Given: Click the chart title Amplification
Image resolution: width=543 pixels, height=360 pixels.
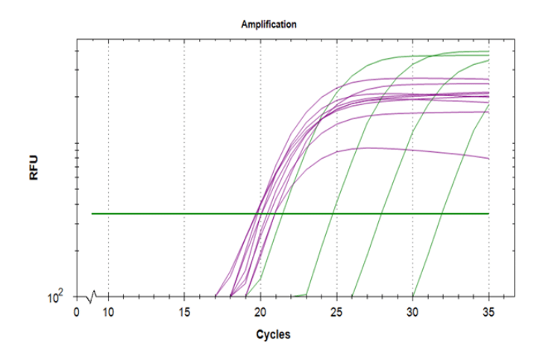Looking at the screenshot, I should click(269, 25).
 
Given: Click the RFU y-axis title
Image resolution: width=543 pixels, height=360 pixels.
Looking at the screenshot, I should click(34, 168).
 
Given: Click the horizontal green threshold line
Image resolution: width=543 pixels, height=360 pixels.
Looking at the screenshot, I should click(186, 214).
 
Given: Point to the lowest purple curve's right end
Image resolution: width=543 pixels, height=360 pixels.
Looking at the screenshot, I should click(489, 159).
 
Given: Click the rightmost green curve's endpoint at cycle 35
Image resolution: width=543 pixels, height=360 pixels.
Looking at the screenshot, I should click(489, 106).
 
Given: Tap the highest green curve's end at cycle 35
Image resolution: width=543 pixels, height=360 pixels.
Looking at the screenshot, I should click(489, 52).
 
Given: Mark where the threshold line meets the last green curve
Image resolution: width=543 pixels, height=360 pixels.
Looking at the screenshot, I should click(442, 214).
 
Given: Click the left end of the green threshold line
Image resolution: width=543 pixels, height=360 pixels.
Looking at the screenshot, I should click(92, 214).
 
